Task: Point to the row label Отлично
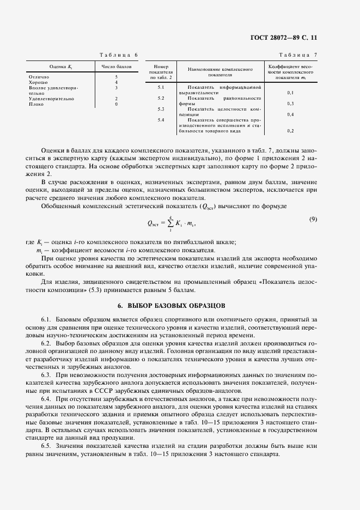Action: [38, 77]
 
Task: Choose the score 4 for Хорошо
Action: [117, 82]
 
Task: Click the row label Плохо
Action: [36, 104]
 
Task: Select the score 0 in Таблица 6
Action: [117, 104]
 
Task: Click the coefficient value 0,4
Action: [290, 114]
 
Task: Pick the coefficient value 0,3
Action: [290, 104]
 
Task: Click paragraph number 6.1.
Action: [46, 318]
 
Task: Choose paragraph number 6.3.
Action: [46, 375]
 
